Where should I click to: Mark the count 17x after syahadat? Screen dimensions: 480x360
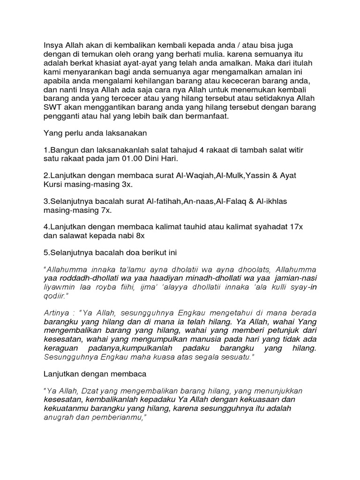click(296, 227)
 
